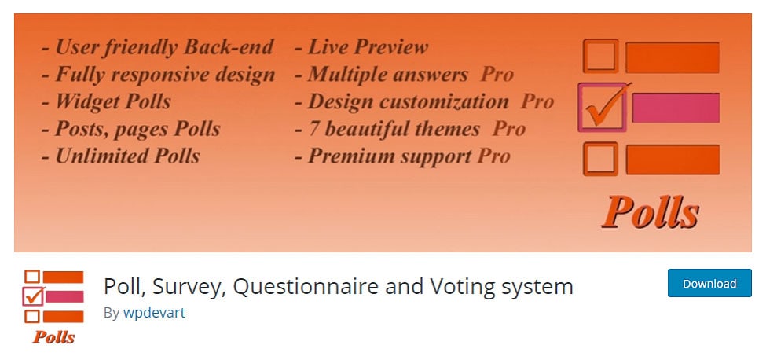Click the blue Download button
tap(709, 283)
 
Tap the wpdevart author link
tap(154, 313)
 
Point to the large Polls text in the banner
tap(651, 212)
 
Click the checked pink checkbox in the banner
tap(603, 107)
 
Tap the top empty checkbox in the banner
tap(600, 56)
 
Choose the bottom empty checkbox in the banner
tap(600, 159)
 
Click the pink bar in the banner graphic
tap(676, 108)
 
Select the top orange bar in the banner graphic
tap(673, 57)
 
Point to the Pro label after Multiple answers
tap(497, 75)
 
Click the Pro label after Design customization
tap(537, 101)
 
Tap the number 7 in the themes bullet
tap(313, 129)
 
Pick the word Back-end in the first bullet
tap(228, 47)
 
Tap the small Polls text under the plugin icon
tap(53, 337)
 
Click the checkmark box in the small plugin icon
tap(33, 296)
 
